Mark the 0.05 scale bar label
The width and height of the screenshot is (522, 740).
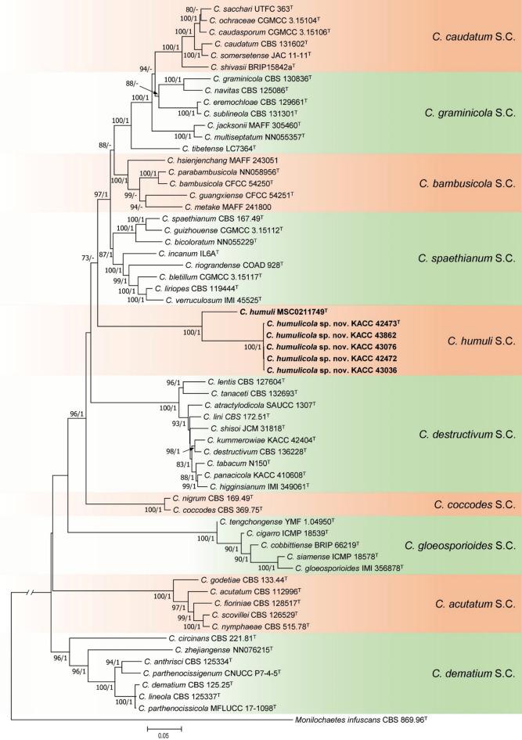click(164, 735)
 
